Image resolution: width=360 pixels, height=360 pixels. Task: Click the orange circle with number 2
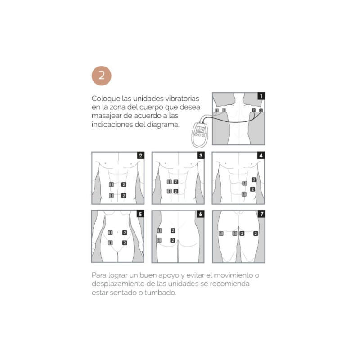click(x=102, y=76)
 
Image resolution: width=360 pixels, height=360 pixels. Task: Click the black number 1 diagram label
click(x=261, y=96)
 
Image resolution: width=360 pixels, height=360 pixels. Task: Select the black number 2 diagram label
click(x=141, y=155)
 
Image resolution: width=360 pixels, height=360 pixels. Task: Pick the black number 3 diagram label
click(x=201, y=155)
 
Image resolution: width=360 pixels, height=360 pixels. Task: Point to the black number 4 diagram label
click(x=261, y=155)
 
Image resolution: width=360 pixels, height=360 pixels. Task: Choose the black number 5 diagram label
click(x=140, y=214)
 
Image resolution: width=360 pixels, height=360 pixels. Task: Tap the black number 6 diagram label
click(x=201, y=214)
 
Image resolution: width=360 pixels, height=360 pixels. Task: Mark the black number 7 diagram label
click(x=261, y=214)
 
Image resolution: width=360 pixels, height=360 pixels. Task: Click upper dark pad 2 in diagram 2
click(x=124, y=184)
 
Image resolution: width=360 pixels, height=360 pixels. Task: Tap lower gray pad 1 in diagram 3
click(x=170, y=191)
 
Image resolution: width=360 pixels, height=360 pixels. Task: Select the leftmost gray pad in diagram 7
click(x=221, y=234)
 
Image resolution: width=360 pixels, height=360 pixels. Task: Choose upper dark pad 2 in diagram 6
click(x=173, y=230)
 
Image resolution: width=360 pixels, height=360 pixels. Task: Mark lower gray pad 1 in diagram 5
click(x=110, y=243)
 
